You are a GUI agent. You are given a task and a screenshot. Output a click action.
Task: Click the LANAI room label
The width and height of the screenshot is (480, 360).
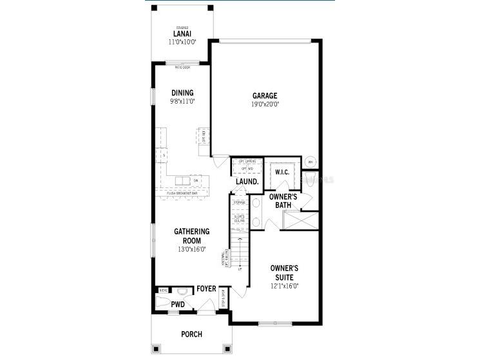tap(182, 33)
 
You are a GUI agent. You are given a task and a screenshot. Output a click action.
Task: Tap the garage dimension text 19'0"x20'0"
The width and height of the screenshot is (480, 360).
tap(265, 104)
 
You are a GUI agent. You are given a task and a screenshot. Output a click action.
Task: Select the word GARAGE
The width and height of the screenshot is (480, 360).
tap(265, 96)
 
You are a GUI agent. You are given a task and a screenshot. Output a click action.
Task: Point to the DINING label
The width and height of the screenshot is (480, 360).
tap(182, 93)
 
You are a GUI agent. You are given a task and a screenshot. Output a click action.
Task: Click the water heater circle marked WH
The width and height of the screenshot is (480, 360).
tap(311, 162)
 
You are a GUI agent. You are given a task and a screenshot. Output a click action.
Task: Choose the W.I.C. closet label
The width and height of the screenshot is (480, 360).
tap(282, 173)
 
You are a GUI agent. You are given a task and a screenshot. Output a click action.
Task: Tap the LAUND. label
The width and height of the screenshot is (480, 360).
tap(247, 182)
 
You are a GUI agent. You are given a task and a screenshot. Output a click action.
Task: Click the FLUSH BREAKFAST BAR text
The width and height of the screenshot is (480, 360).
tap(182, 193)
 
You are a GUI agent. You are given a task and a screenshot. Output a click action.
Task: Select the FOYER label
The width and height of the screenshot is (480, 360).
tap(206, 289)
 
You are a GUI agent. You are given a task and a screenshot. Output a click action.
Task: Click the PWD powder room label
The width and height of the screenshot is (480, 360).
tap(178, 304)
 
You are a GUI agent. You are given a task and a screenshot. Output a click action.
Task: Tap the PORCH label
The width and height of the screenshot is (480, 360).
tap(191, 334)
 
